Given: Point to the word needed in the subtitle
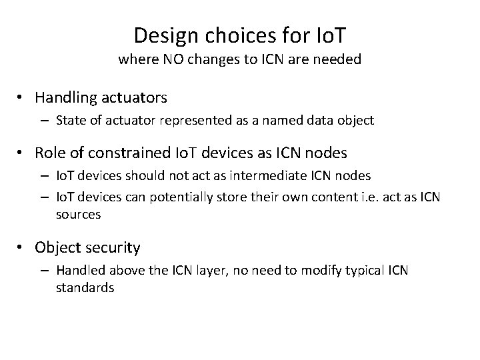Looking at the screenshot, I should coord(337,59).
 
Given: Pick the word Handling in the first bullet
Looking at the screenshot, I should coord(65,97).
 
